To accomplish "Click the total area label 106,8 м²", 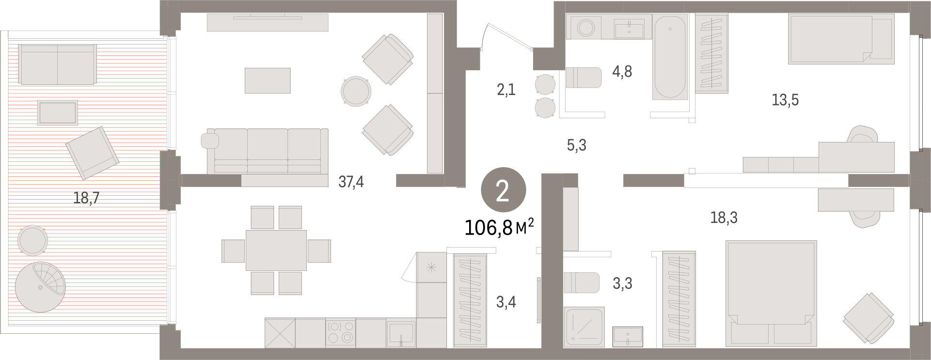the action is click(499, 227).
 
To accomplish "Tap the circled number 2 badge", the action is click(503, 192).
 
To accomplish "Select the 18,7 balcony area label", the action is click(87, 198).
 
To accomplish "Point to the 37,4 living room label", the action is click(351, 182).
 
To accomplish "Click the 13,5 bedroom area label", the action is click(785, 100).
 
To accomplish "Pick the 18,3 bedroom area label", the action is click(724, 218).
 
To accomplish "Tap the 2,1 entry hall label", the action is click(506, 90).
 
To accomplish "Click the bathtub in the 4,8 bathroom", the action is click(670, 57).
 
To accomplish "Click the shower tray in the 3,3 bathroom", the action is click(584, 327).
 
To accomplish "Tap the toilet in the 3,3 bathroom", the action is click(582, 283).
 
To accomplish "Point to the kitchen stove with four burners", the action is click(340, 332).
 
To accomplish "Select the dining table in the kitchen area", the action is click(276, 250).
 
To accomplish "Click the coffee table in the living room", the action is click(268, 80).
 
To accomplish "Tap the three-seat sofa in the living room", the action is click(265, 151).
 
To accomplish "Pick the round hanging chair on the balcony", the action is click(40, 287).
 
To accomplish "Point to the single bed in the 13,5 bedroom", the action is click(841, 39).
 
